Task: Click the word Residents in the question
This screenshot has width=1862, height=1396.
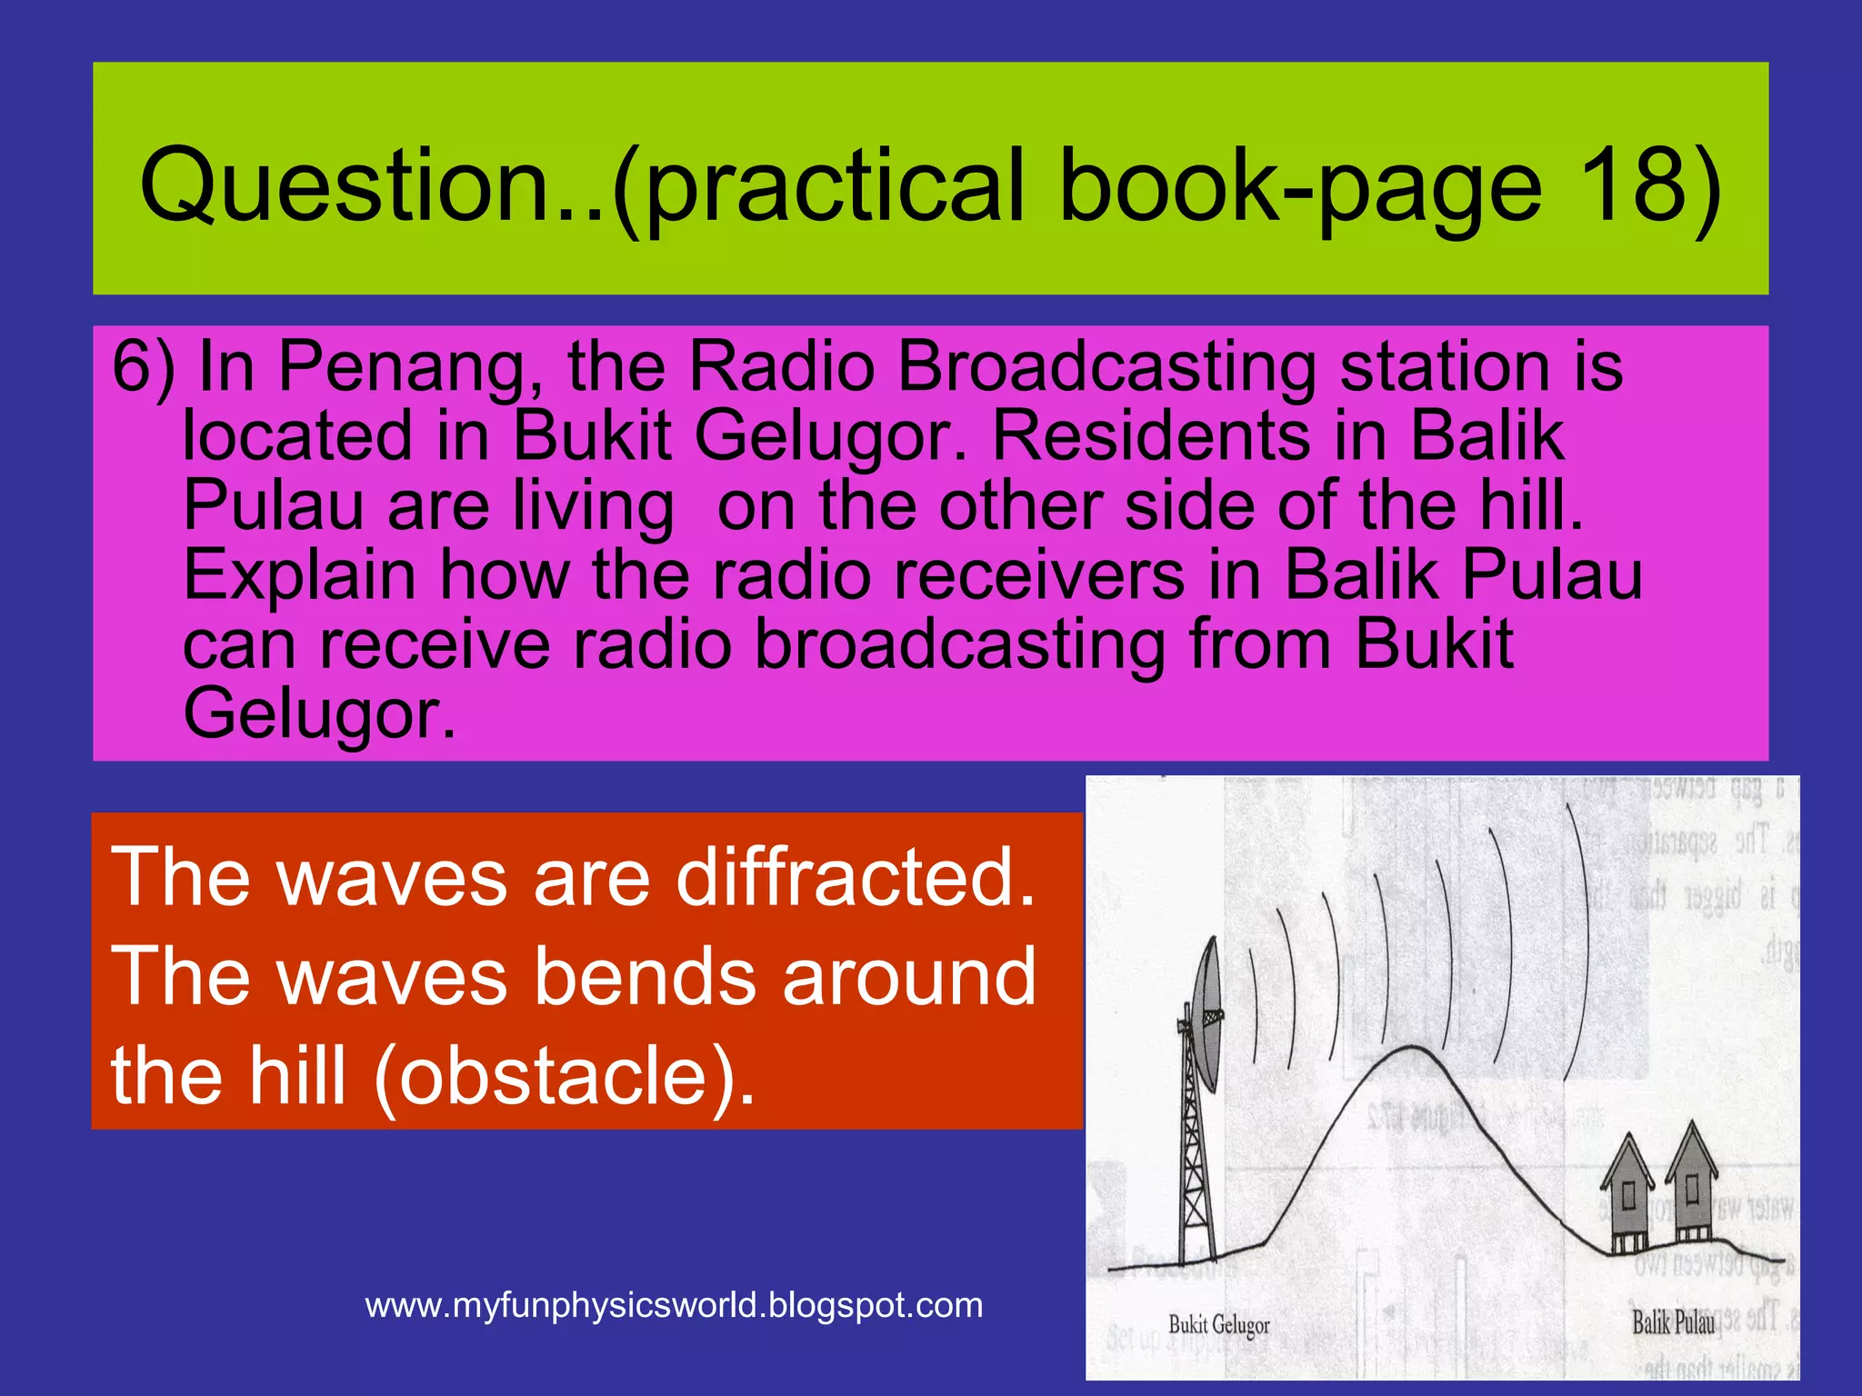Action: tap(1150, 436)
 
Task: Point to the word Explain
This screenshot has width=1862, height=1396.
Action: tap(300, 575)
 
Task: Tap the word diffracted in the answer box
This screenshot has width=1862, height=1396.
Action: tap(856, 877)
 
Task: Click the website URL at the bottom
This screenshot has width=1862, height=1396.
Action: tap(674, 1306)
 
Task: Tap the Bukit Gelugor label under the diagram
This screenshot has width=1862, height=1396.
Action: tap(1218, 1325)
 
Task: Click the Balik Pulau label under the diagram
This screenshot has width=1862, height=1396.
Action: tap(1673, 1322)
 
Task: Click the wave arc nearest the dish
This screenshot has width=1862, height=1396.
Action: tap(1253, 1004)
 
